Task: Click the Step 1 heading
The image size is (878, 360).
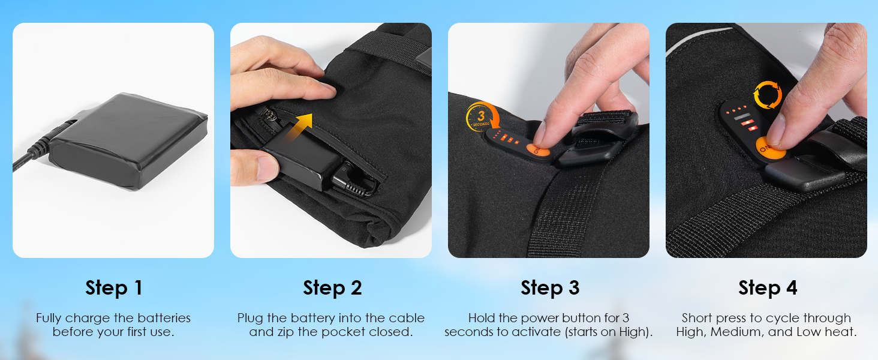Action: click(x=113, y=288)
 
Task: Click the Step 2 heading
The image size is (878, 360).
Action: click(x=332, y=288)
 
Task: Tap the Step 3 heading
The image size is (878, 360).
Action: click(x=550, y=288)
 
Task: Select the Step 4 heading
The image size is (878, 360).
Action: click(x=768, y=288)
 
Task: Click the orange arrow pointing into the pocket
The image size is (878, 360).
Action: click(x=299, y=127)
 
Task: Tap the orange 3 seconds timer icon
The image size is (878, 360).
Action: click(x=482, y=117)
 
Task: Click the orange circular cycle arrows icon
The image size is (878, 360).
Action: click(x=768, y=95)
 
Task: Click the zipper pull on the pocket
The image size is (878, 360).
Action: click(x=269, y=116)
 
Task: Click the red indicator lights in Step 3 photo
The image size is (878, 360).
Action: click(x=506, y=137)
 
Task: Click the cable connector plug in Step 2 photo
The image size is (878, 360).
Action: click(x=351, y=181)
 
